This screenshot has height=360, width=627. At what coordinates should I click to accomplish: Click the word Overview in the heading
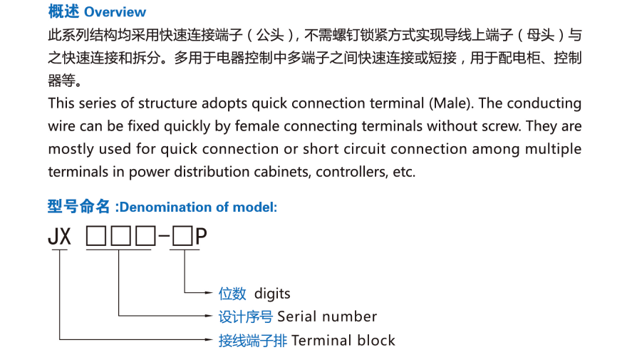(115, 12)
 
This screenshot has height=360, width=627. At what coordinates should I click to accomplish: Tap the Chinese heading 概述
(63, 12)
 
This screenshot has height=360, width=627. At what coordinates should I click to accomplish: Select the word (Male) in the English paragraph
(450, 103)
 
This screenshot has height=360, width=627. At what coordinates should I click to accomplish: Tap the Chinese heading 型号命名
(78, 207)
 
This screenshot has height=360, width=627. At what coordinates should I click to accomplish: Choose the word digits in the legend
(272, 294)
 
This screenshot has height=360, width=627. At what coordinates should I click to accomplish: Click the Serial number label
(327, 317)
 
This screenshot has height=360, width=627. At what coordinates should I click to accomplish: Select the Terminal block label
(343, 340)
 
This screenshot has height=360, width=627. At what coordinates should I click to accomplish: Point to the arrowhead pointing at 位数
(210, 292)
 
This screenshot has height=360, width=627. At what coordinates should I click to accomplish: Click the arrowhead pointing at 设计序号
(210, 315)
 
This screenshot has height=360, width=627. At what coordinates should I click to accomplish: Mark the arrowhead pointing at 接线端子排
(210, 339)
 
